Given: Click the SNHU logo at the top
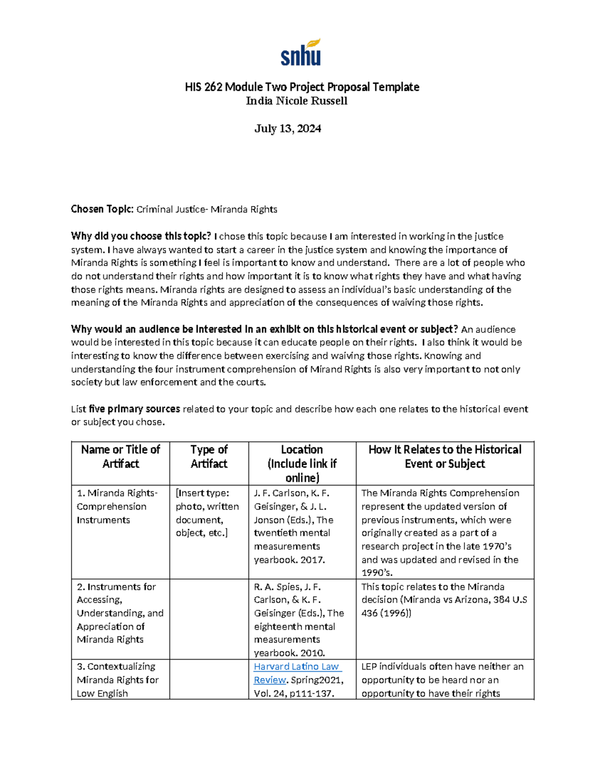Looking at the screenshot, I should pos(301,53).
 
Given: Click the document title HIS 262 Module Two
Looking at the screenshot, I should pos(302,87).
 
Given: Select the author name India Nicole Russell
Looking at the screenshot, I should pos(296,101).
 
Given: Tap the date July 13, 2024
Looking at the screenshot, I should pos(288,129).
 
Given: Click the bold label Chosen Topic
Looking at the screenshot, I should pos(102,209).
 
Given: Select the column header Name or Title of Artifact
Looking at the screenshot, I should pos(120,457).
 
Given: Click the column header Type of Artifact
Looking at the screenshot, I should pos(209,457).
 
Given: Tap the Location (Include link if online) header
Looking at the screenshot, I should pos(302,463).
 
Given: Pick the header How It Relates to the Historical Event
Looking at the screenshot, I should pos(445,457).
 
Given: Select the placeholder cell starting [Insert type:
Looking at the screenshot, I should pos(207,513).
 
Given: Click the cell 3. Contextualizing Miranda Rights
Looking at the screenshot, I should pos(117,680).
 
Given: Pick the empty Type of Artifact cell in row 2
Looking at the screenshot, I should pos(209,619).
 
